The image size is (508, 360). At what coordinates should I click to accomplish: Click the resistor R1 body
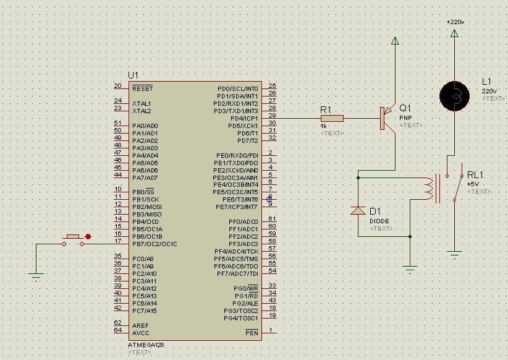(x=332, y=118)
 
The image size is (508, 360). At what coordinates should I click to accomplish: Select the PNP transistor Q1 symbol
(x=386, y=118)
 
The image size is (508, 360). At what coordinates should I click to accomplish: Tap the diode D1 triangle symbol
(x=358, y=211)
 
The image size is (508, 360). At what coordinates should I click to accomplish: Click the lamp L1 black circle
(x=455, y=95)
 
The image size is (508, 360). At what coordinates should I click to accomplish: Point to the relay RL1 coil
(x=428, y=189)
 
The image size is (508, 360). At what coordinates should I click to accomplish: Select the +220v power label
(x=455, y=22)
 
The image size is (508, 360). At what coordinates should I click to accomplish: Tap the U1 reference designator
(x=133, y=75)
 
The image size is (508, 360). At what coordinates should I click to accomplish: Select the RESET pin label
(x=142, y=88)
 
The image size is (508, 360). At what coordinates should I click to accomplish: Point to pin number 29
(x=272, y=116)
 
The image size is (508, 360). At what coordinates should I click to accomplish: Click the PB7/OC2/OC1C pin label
(x=155, y=244)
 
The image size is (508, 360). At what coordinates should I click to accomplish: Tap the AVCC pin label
(x=140, y=333)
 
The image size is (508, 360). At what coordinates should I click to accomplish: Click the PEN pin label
(x=252, y=333)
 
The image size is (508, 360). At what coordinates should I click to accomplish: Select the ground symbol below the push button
(x=36, y=276)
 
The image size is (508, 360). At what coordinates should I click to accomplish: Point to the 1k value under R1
(x=323, y=126)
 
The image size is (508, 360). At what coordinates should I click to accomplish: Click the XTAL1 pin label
(x=142, y=103)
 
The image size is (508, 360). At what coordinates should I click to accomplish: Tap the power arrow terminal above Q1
(x=394, y=41)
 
